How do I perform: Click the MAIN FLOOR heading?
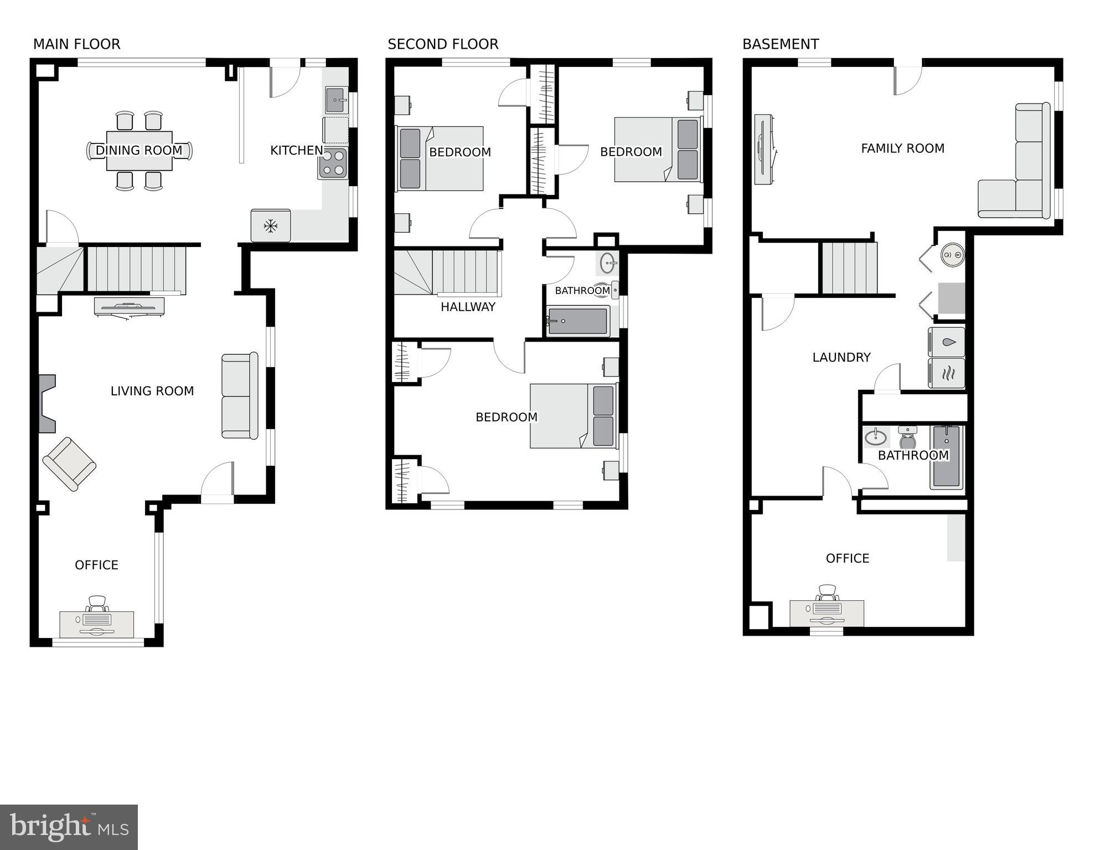[x=76, y=44]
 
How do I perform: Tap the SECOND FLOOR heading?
[x=443, y=44]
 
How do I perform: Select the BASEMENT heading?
[x=781, y=44]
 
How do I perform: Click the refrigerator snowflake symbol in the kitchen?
[x=270, y=225]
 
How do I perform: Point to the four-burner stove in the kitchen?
[x=333, y=163]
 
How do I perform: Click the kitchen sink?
[x=335, y=100]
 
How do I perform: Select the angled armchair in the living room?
[x=69, y=464]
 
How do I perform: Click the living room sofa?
[x=240, y=396]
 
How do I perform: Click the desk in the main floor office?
[x=97, y=625]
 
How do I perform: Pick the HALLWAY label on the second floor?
[x=468, y=307]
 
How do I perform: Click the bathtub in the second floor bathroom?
[x=577, y=321]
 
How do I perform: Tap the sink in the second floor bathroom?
[x=608, y=263]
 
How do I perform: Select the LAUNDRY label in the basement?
[x=841, y=358]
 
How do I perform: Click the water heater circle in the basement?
[x=952, y=255]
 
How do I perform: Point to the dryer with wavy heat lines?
[x=947, y=373]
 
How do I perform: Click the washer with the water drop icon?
[x=947, y=342]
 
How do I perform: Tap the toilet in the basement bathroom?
[x=907, y=437]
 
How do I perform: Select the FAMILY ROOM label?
[x=902, y=148]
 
